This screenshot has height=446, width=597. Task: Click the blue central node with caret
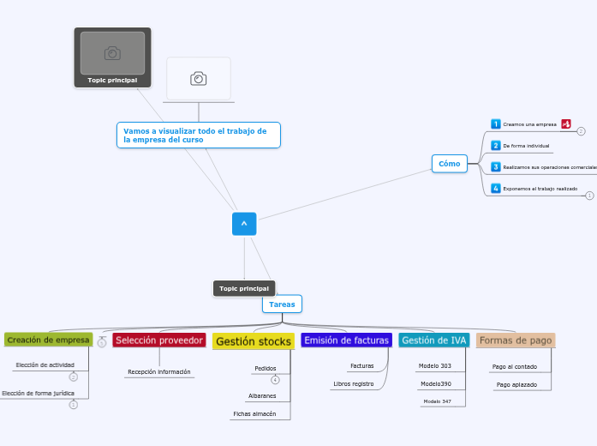click(244, 224)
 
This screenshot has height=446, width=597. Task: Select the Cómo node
click(449, 164)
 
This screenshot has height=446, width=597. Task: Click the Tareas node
click(282, 304)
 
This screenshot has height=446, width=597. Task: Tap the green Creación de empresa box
click(48, 340)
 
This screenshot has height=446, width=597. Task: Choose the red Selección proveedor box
click(159, 341)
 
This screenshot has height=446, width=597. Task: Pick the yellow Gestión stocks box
click(253, 341)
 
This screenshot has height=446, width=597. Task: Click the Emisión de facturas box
click(346, 341)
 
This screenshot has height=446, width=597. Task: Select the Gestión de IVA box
click(434, 341)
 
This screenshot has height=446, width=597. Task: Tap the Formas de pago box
click(515, 341)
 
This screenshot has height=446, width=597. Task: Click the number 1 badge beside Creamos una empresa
click(495, 124)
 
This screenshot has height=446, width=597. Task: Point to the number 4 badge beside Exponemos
click(495, 189)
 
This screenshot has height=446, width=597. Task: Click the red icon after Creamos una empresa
click(566, 124)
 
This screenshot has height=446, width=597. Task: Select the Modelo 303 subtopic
click(434, 366)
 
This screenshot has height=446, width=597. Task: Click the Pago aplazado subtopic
click(516, 384)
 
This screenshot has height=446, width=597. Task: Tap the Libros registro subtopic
click(353, 383)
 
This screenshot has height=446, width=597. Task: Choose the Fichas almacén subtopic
click(254, 413)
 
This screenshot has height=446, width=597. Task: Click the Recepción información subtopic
click(159, 372)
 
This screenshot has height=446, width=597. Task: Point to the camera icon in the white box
click(199, 79)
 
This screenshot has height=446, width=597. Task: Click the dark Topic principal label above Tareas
click(244, 288)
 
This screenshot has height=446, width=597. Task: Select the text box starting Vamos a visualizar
click(198, 135)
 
